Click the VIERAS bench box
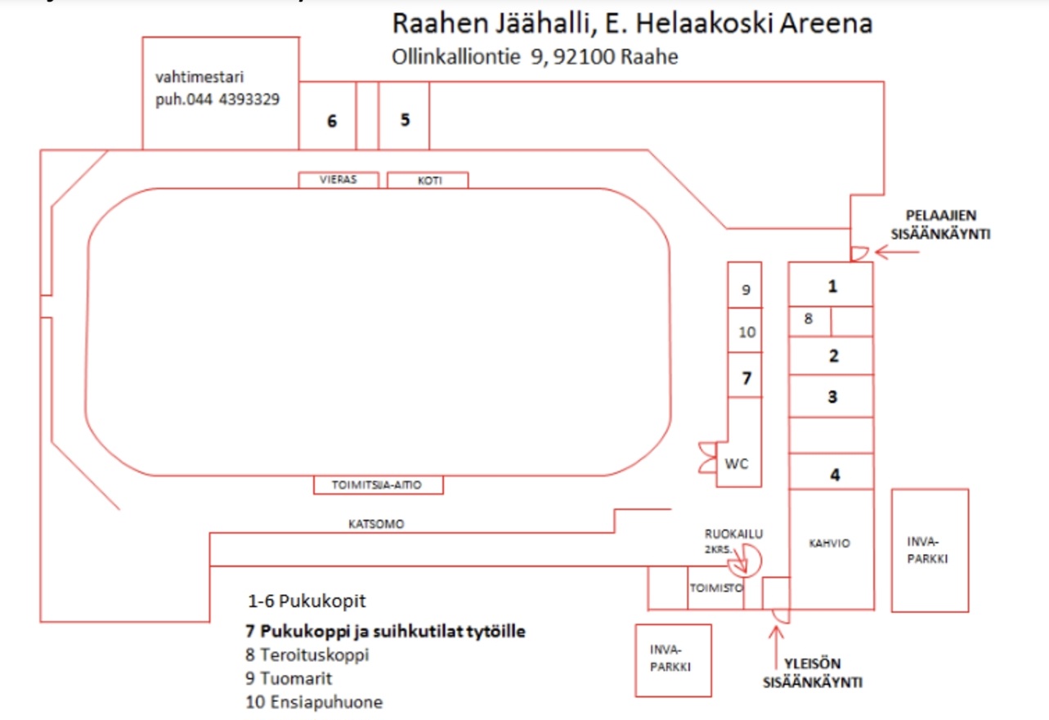338,181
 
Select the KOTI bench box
428,181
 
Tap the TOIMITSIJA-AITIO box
378,485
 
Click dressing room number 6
331,121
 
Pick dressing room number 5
405,119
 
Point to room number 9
746,289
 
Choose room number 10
746,333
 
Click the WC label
737,463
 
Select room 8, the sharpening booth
809,320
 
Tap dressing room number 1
832,286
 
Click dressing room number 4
835,474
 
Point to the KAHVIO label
830,543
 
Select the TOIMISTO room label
715,587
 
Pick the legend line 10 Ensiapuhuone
314,702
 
